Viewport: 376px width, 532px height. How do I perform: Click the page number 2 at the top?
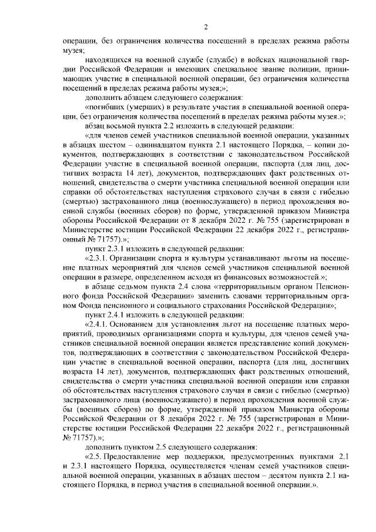point(206,26)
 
